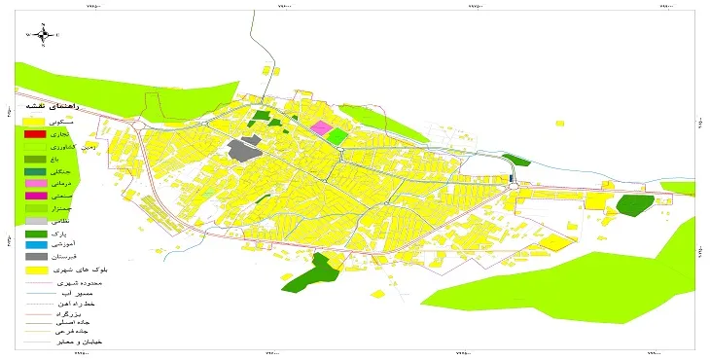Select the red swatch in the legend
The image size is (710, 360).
pos(35,133)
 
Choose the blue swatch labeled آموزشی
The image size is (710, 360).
pos(35,245)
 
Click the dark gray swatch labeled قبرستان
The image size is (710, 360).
pos(35,257)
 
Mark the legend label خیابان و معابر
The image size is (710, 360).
pos(82,343)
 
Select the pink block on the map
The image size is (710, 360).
pos(320,128)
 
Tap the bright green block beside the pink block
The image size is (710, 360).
pos(337,136)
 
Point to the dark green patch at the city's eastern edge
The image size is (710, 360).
pos(635,205)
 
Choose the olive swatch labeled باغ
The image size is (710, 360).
pos(35,159)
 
